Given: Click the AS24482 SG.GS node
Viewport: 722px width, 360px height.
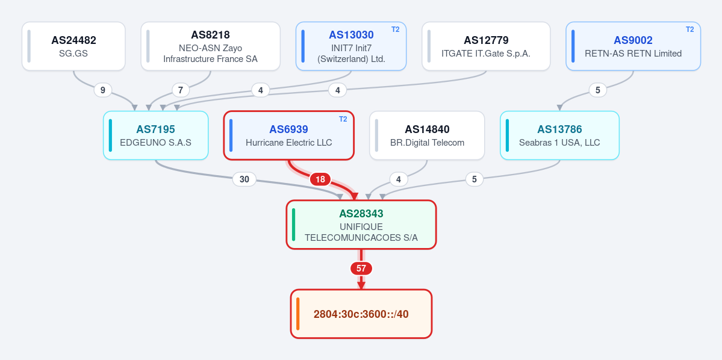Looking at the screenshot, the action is pos(73,46).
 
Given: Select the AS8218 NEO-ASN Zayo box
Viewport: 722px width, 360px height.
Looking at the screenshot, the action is pos(210,46).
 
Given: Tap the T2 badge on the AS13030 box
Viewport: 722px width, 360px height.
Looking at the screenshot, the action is pos(396,29).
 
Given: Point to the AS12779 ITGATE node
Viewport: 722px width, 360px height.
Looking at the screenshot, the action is pos(486,46).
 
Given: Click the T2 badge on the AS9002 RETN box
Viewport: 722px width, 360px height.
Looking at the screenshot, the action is pos(689,29).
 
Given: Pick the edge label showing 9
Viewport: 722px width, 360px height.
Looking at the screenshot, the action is pos(103,90).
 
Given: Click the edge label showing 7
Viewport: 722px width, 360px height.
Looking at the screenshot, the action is pos(181,90).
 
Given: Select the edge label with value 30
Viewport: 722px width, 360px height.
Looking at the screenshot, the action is pos(244,179).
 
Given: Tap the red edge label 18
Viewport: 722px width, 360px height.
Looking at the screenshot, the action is pos(320,179).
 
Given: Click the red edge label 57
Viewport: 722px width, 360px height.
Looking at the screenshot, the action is pos(361,268).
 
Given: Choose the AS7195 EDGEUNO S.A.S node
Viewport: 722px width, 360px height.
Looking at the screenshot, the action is pos(155,135).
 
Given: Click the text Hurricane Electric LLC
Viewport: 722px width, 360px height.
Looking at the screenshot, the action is pos(288,143).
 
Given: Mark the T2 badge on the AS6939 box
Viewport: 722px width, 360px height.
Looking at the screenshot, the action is pos(343,119).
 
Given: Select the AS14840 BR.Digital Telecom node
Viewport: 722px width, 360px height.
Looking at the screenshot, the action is pos(427,135).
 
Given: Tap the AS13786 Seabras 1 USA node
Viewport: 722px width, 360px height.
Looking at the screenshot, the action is pos(559,135).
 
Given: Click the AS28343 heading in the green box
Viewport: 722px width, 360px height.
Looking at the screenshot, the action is pos(361,214).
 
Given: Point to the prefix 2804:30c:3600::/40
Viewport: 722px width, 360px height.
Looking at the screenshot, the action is pos(361,314).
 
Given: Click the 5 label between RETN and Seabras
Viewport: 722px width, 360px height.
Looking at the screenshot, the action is pos(598,90).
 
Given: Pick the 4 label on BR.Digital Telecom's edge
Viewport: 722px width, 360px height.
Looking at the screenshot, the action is pos(398,179).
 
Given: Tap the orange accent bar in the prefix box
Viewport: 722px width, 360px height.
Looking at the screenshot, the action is pos(298,314).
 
